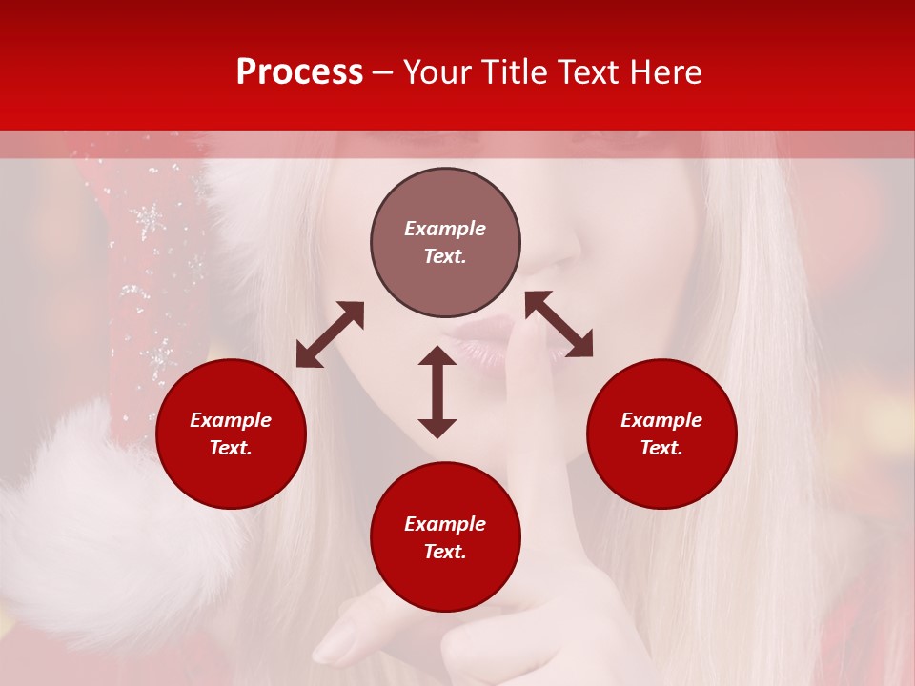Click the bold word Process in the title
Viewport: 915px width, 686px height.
point(299,72)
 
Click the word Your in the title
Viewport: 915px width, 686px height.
point(437,72)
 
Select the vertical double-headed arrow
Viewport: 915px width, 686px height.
point(437,392)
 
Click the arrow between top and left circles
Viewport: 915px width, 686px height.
point(330,334)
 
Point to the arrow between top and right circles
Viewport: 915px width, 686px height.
point(559,324)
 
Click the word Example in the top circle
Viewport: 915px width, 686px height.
point(445,229)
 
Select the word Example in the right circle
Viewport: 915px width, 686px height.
point(661,420)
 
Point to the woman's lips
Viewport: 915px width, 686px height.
point(477,343)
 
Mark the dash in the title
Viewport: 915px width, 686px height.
point(383,72)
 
